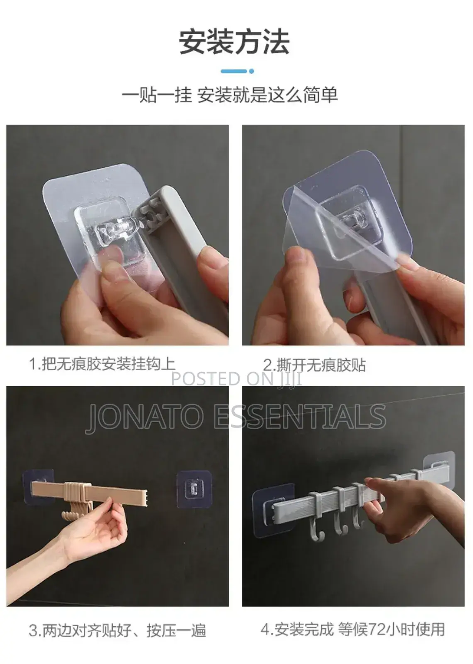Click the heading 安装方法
234,42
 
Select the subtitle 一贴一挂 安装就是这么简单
230,95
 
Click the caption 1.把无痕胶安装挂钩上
102,364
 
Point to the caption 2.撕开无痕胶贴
315,365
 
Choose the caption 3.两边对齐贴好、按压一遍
117,631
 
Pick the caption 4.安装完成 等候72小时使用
353,629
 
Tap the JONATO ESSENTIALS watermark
236,416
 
